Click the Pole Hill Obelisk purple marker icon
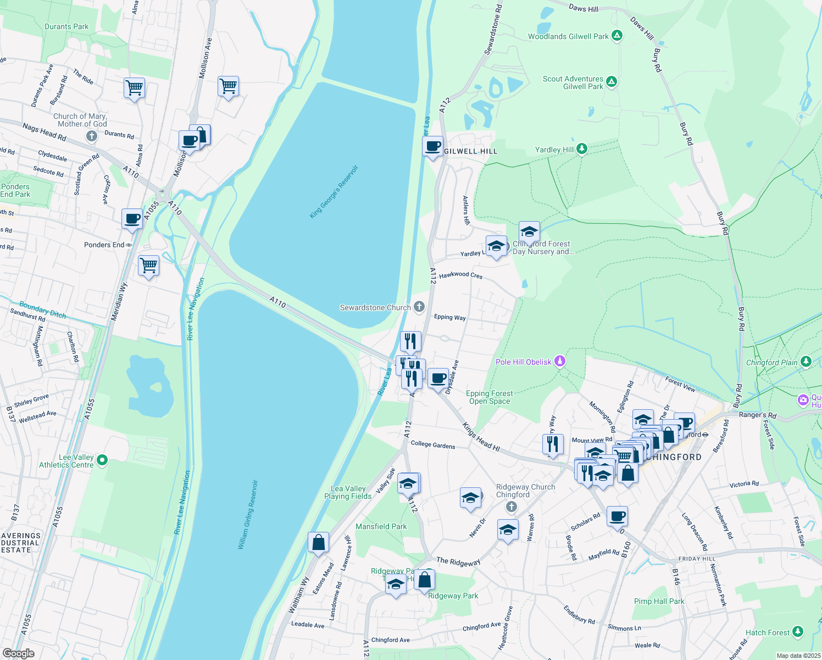tap(560, 361)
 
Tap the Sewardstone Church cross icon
tap(419, 307)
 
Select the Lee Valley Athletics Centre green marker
tap(102, 460)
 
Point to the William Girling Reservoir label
tap(248, 515)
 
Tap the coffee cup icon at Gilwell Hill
tap(433, 146)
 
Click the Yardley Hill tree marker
tap(582, 149)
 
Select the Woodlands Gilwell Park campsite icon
tap(617, 36)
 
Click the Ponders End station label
tap(104, 245)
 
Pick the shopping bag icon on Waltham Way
tap(318, 543)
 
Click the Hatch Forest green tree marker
tap(798, 632)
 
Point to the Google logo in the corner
tap(18, 653)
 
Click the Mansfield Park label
tap(381, 526)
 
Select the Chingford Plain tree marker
tap(806, 361)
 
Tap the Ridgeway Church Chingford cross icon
tap(512, 507)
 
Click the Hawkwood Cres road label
tap(460, 274)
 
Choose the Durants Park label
tap(66, 26)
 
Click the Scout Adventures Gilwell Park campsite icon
tap(612, 82)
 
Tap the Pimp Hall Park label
tap(659, 601)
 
